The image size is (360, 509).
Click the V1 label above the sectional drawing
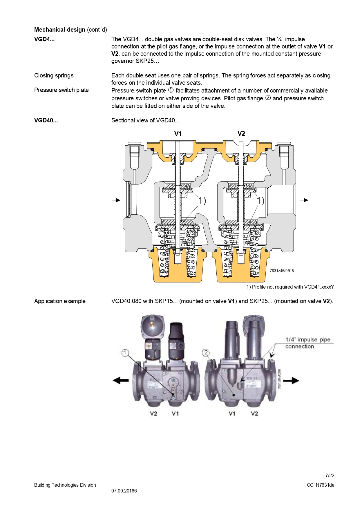[x=178, y=134]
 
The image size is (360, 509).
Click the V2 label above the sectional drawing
[x=241, y=133]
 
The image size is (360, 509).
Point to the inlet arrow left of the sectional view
[x=116, y=200]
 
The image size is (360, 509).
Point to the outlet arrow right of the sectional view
[x=304, y=200]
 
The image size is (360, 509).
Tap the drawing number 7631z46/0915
[x=282, y=271]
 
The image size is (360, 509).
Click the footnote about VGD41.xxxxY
[x=290, y=287]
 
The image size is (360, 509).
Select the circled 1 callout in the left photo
[x=125, y=353]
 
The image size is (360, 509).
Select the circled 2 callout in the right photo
[x=206, y=353]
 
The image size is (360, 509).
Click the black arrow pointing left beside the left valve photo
[x=121, y=380]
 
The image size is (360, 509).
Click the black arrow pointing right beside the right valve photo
[x=291, y=381]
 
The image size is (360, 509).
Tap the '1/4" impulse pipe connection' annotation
[x=307, y=343]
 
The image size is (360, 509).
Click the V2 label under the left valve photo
[x=153, y=413]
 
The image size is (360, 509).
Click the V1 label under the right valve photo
[x=232, y=413]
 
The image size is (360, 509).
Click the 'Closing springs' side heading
[x=54, y=75]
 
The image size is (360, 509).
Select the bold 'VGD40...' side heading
[x=46, y=120]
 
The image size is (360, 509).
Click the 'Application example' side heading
[x=60, y=301]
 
